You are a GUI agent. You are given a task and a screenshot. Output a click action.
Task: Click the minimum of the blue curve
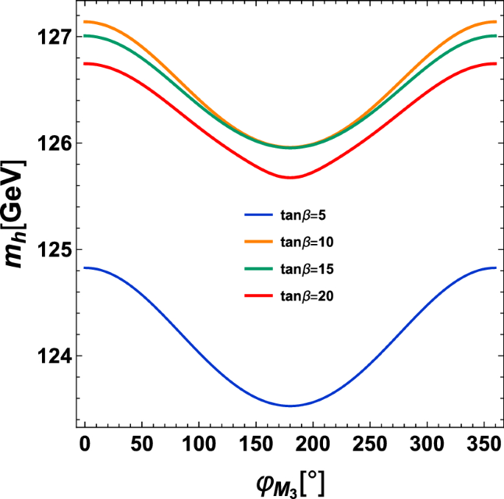[x=291, y=406]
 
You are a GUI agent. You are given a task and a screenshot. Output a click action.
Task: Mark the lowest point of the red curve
[x=291, y=177]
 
